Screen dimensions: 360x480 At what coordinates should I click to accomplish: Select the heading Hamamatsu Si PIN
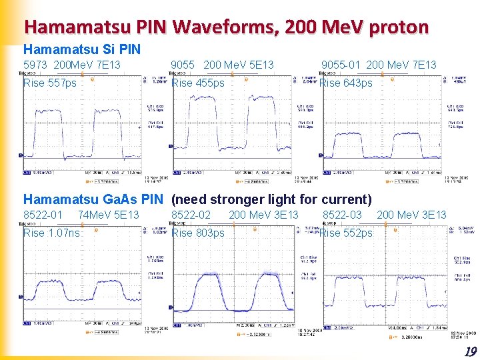click(82, 49)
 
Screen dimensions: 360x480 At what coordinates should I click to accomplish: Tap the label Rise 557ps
click(50, 83)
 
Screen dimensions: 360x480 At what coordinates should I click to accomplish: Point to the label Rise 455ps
click(198, 83)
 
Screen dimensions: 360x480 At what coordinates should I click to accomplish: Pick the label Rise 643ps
click(346, 83)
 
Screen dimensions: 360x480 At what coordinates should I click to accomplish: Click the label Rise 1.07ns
click(51, 233)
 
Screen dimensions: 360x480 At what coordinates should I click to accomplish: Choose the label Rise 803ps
click(198, 233)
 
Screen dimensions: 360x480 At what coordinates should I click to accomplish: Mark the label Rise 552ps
click(346, 233)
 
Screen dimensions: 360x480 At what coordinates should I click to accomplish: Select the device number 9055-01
click(341, 65)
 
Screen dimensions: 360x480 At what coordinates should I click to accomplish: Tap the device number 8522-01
click(43, 215)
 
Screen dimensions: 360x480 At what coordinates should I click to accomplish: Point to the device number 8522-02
click(191, 215)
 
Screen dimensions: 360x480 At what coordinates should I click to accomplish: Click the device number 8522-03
click(342, 215)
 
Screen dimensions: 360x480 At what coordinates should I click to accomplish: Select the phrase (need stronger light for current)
click(271, 199)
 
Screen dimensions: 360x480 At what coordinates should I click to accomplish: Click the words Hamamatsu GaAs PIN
click(93, 199)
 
